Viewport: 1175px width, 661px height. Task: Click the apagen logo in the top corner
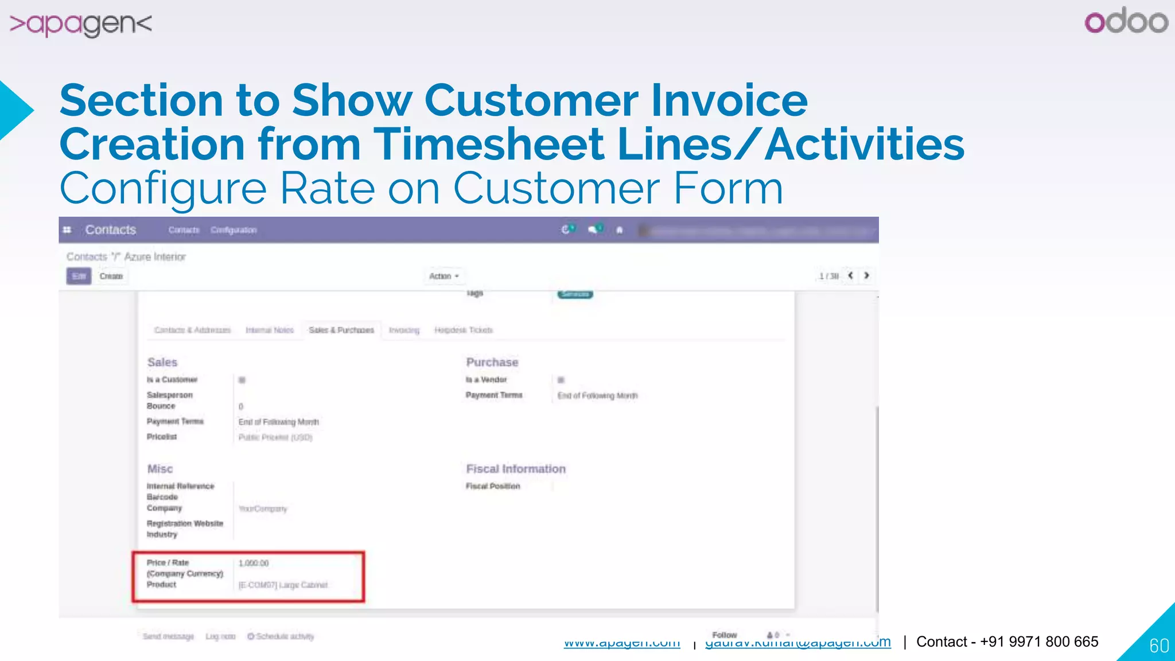click(x=81, y=24)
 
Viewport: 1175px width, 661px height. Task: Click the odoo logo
click(x=1126, y=21)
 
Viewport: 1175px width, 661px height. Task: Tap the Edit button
click(x=79, y=276)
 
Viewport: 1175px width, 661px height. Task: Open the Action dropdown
click(x=444, y=276)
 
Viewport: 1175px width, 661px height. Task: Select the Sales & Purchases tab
click(x=341, y=330)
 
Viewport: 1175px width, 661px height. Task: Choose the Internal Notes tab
click(x=269, y=330)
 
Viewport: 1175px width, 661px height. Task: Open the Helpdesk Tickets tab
click(x=463, y=330)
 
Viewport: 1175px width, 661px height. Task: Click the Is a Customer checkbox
click(x=242, y=380)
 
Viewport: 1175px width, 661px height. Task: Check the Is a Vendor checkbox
click(x=561, y=380)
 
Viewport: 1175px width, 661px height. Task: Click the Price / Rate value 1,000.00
click(x=254, y=563)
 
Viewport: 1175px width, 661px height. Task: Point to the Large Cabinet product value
click(x=283, y=585)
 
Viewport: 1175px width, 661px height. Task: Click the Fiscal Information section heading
click(x=515, y=469)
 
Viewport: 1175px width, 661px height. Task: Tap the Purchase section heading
click(x=492, y=362)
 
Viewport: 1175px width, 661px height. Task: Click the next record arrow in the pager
click(x=866, y=276)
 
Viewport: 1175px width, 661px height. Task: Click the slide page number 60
click(x=1159, y=646)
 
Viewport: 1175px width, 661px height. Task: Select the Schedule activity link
click(x=281, y=636)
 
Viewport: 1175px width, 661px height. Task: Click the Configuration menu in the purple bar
click(x=234, y=230)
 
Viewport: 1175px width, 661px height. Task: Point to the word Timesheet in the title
click(x=491, y=144)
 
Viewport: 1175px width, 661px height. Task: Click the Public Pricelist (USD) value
click(x=275, y=437)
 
